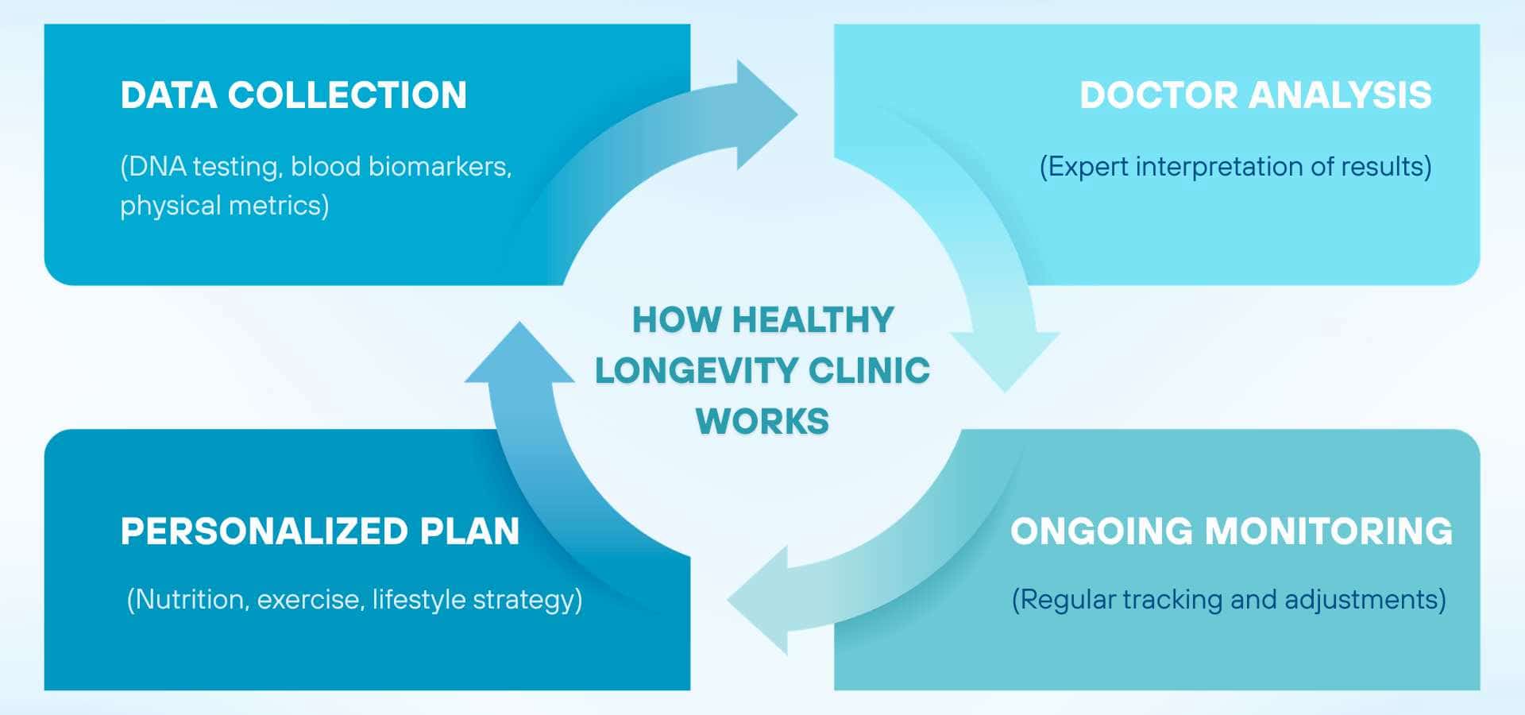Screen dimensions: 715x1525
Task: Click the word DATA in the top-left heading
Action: [x=168, y=95]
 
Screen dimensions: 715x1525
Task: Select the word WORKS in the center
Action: [x=762, y=421]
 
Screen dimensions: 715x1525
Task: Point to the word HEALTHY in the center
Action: [x=813, y=320]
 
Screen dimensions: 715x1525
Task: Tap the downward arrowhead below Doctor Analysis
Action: [x=1006, y=357]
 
